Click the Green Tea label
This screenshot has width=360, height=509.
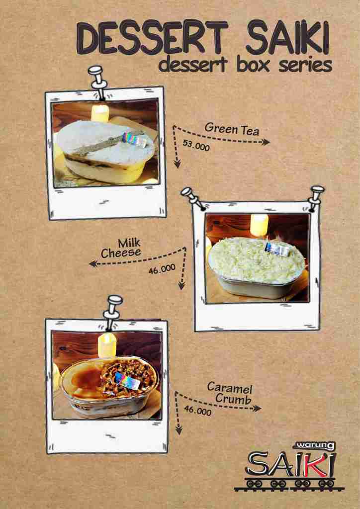(232, 129)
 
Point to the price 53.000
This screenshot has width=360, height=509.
(196, 146)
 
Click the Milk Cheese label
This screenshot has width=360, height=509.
(123, 249)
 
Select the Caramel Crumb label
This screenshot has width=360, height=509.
(230, 393)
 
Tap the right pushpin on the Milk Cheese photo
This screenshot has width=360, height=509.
(316, 198)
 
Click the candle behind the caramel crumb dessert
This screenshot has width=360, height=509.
(107, 345)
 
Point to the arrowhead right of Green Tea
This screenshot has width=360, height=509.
(266, 142)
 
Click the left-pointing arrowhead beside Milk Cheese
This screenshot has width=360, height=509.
(93, 264)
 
